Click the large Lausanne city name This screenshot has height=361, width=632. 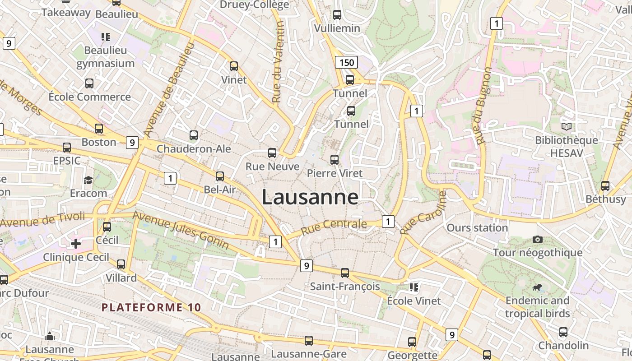310,198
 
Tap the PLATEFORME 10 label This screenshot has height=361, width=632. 151,308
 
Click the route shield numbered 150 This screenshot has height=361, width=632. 346,62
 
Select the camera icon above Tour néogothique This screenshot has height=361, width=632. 538,239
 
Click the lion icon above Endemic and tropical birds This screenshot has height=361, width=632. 537,287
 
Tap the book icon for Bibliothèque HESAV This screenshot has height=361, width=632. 567,127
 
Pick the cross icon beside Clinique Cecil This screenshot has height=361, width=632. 76,244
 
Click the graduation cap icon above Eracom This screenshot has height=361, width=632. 88,180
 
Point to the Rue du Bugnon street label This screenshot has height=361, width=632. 483,106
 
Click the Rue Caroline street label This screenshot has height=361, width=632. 423,213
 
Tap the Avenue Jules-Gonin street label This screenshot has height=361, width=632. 181,229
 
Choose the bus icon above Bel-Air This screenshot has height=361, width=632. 220,176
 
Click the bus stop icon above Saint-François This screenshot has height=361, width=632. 345,273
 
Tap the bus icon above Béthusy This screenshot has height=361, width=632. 605,186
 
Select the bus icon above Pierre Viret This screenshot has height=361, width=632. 335,160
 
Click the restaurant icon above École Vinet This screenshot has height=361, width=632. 414,287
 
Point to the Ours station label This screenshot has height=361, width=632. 477,228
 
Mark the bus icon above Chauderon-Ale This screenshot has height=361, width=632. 194,135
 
